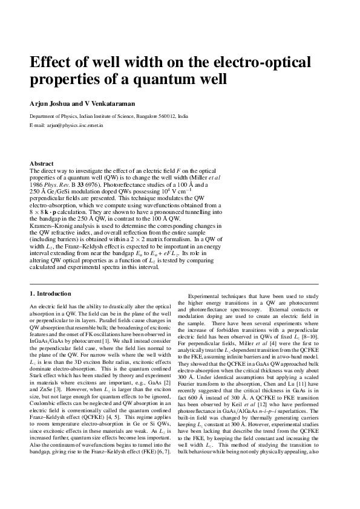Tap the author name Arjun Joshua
(50, 102)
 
